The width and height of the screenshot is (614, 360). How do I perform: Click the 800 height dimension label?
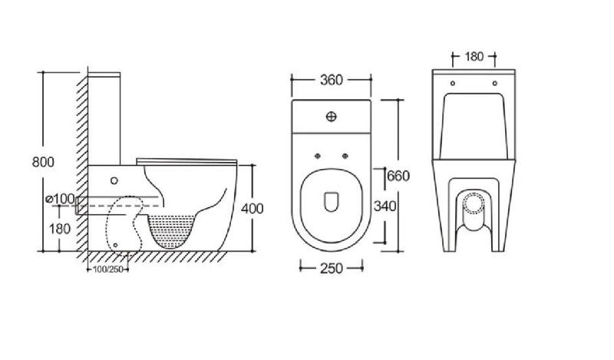tap(43, 162)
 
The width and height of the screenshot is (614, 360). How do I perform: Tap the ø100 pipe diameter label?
tap(60, 199)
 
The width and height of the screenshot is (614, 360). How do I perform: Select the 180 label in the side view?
tap(60, 229)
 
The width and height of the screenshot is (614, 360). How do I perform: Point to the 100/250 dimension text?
tap(107, 269)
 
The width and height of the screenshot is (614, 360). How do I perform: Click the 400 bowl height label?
tap(253, 208)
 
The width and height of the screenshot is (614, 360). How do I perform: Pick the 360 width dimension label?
tap(332, 80)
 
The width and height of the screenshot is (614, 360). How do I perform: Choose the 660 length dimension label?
tap(398, 176)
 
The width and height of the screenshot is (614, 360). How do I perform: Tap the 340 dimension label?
tap(385, 206)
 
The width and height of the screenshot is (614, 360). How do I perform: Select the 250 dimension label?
tap(332, 269)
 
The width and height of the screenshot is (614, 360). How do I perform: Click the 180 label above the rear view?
tap(474, 56)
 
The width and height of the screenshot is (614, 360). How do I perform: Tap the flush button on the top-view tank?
tap(332, 117)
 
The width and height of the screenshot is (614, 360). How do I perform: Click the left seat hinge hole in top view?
tap(318, 156)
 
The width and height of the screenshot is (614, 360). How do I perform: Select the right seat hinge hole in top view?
tap(345, 156)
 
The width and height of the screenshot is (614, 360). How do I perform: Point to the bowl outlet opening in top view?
tap(332, 201)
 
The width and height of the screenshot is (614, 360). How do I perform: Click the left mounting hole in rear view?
tap(453, 84)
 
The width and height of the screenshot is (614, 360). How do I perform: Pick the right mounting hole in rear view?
tap(494, 84)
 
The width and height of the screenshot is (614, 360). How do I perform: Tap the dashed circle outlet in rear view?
tap(464, 203)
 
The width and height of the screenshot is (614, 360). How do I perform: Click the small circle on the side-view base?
tap(114, 180)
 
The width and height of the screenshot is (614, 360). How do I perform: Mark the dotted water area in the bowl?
tap(171, 230)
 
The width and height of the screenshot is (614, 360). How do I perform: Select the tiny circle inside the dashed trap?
tap(115, 245)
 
